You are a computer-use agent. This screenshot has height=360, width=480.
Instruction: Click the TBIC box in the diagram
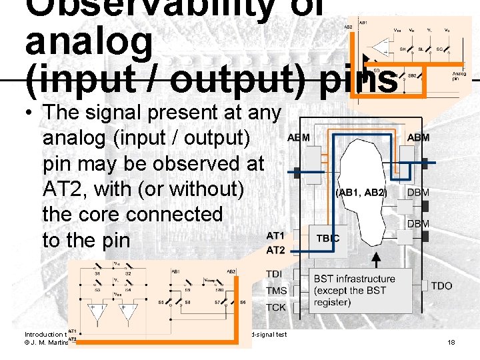click(x=327, y=237)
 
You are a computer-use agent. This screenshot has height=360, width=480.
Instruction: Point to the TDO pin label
click(x=441, y=286)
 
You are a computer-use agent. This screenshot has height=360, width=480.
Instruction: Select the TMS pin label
click(x=276, y=291)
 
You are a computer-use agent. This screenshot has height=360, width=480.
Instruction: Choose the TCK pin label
click(x=276, y=307)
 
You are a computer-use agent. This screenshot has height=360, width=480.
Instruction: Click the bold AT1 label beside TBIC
click(x=275, y=236)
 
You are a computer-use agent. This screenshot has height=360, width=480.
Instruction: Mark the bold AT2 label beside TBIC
click(x=275, y=250)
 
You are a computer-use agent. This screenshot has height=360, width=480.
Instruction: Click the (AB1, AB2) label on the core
click(x=361, y=193)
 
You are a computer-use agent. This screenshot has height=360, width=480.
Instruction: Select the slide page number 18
click(x=451, y=342)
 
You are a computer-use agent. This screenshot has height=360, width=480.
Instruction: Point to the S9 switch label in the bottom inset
click(x=187, y=289)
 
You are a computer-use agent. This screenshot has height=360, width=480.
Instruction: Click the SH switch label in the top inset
click(x=403, y=49)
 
